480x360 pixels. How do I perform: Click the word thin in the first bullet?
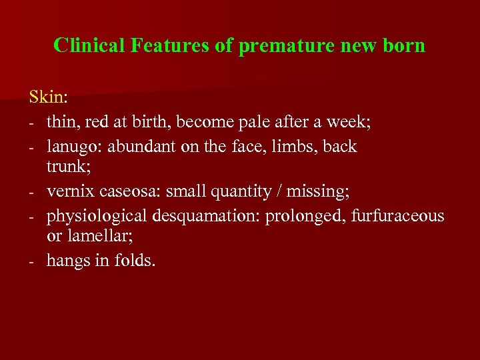coord(60,123)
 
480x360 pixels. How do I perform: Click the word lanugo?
coord(70,147)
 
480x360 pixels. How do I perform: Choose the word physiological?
coord(97,216)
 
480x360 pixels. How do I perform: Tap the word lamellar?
coord(92,237)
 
